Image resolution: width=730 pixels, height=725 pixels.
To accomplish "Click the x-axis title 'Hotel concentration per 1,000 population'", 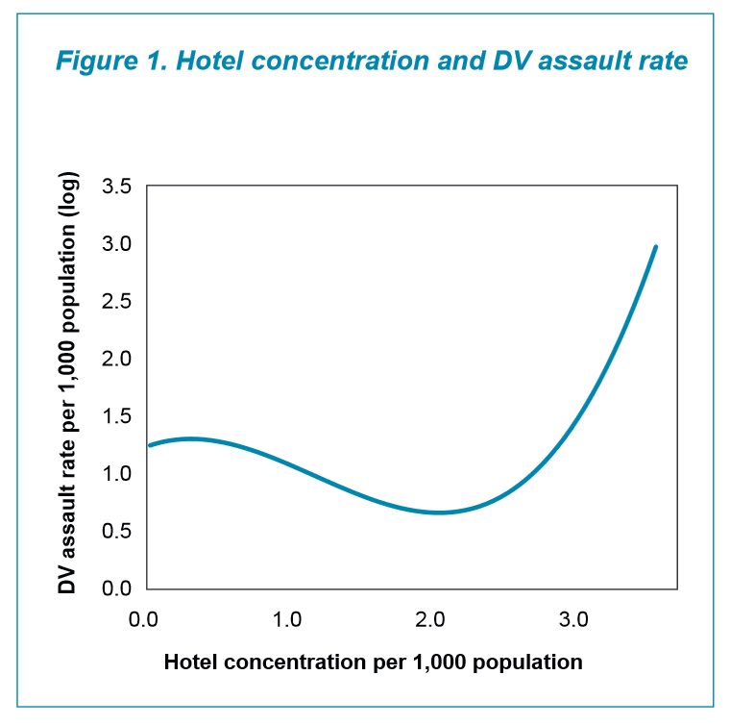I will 374,662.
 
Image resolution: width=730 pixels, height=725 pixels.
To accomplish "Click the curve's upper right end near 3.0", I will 656,246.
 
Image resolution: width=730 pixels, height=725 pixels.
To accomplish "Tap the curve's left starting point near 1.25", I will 149,445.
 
